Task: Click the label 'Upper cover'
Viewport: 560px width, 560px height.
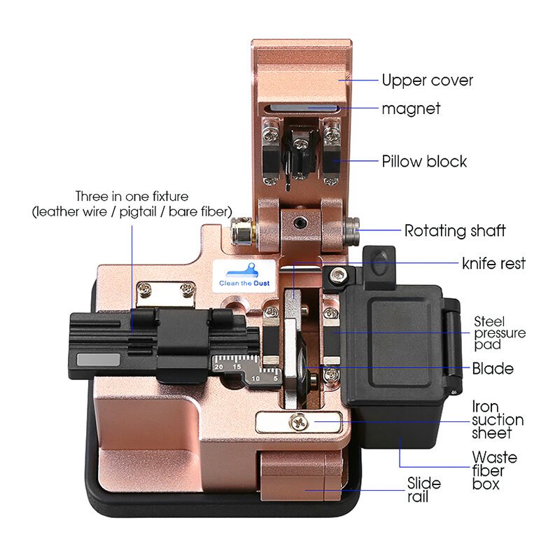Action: point(427,80)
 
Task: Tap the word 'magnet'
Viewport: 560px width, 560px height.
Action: point(411,108)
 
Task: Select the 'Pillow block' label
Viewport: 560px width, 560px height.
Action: point(424,162)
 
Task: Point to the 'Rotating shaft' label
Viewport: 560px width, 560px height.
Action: point(455,230)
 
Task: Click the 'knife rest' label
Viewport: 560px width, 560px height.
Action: point(493,264)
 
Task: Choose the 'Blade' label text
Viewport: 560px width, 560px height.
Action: point(493,368)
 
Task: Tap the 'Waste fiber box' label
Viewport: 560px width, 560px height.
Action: point(495,470)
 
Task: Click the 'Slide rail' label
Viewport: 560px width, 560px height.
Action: point(424,490)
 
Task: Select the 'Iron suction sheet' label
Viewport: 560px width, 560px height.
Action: point(497,419)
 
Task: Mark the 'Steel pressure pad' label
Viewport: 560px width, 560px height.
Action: point(499,333)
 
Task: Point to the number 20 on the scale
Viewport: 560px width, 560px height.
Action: point(218,367)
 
